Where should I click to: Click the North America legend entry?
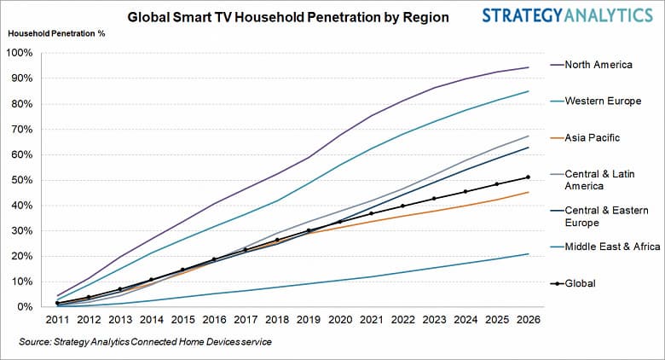click(598, 64)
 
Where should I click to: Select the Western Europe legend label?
click(602, 101)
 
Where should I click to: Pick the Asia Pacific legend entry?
click(593, 137)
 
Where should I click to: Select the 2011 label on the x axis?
click(57, 321)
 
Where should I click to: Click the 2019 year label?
click(309, 321)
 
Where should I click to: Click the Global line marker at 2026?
click(529, 177)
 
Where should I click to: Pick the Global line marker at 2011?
click(57, 303)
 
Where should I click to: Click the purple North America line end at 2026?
click(529, 67)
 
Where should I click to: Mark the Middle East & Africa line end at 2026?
click(529, 253)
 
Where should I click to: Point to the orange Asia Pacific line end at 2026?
click(529, 192)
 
